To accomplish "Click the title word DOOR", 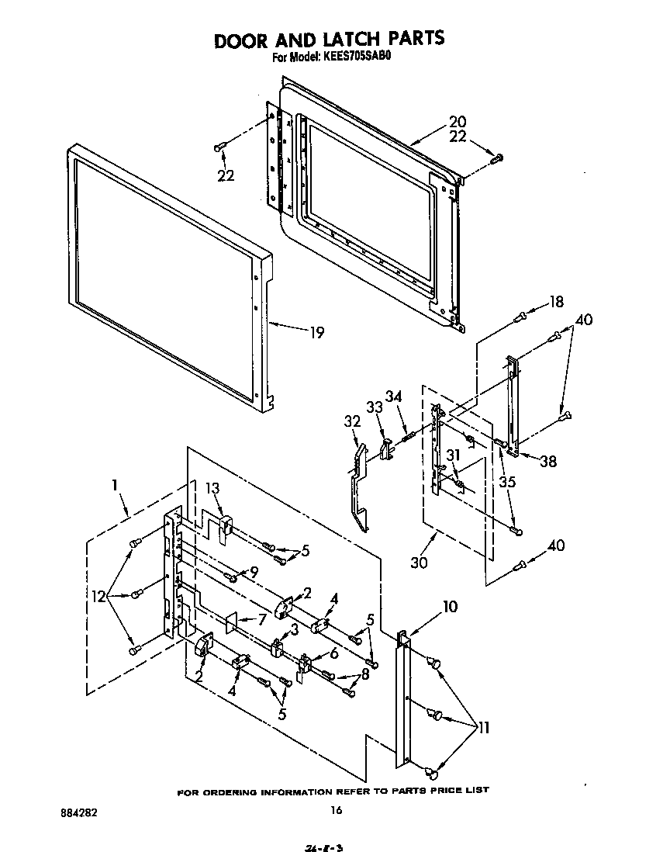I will tap(245, 40).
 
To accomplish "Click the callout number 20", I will tap(458, 122).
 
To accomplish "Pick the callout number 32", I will tap(351, 421).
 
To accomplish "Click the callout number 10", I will tap(450, 606).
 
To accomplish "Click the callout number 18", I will tap(557, 302).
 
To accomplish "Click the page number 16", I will tap(335, 810).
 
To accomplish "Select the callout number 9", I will tap(252, 572).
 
